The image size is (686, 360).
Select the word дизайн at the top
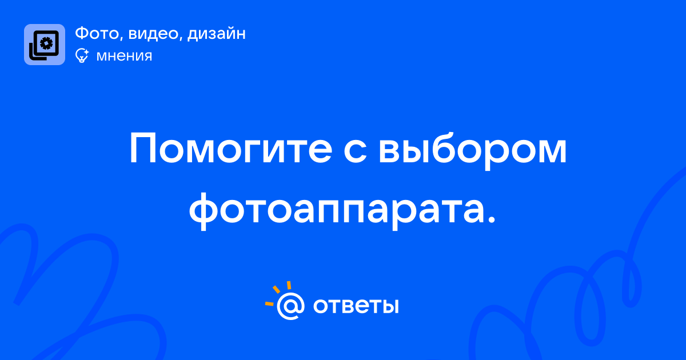217,34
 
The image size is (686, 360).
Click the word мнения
124,56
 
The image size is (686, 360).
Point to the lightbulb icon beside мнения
82,55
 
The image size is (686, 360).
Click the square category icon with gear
45,45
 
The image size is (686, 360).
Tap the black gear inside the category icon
46,43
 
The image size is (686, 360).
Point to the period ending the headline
490,219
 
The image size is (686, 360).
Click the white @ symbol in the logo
290,306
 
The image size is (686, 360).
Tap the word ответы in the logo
356,306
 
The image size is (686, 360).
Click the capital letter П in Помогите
143,149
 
